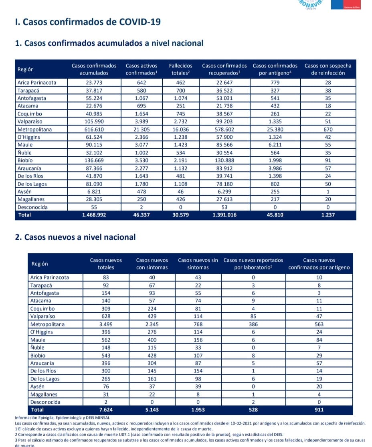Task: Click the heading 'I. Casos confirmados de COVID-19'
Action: pyautogui.click(x=88, y=22)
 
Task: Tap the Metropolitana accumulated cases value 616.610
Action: pyautogui.click(x=94, y=129)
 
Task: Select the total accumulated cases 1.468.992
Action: pyautogui.click(x=94, y=215)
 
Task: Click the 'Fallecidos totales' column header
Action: pyautogui.click(x=180, y=69)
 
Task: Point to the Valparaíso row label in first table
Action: pyautogui.click(x=30, y=121)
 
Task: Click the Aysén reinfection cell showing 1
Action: pyautogui.click(x=328, y=192)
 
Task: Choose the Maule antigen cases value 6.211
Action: pyautogui.click(x=275, y=145)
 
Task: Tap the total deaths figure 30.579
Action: pyautogui.click(x=180, y=215)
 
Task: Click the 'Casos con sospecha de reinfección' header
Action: pyautogui.click(x=328, y=69)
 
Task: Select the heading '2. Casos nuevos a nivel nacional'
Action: pyautogui.click(x=75, y=237)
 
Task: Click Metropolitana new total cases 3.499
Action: pyautogui.click(x=106, y=324)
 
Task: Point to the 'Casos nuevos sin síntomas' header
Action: pyautogui.click(x=198, y=264)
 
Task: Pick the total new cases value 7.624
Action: pyautogui.click(x=106, y=410)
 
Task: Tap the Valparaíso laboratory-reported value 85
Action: pyautogui.click(x=253, y=316)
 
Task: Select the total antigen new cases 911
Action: pyautogui.click(x=319, y=410)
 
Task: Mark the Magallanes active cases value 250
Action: pyautogui.click(x=141, y=199)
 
